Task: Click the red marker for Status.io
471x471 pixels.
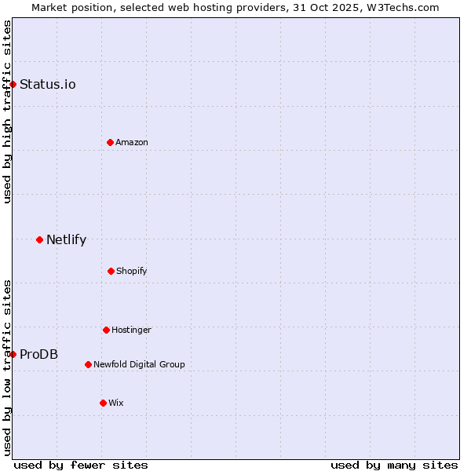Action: click(13, 84)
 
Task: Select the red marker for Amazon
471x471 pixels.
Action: click(110, 142)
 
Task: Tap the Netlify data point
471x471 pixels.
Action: click(39, 239)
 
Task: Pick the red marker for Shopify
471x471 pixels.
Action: click(111, 271)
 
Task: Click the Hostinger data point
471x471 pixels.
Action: click(106, 330)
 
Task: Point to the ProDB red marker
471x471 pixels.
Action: click(13, 354)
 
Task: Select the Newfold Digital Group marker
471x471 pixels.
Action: click(88, 364)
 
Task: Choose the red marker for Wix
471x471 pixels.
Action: click(103, 403)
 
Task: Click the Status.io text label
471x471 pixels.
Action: click(48, 85)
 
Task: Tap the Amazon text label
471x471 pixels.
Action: click(132, 142)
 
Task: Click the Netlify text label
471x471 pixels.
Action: click(66, 240)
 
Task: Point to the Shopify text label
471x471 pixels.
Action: click(132, 271)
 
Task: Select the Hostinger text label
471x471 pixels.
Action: click(131, 330)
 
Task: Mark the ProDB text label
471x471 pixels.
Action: click(38, 355)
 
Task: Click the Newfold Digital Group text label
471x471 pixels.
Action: click(139, 364)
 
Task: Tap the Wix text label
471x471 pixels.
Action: click(116, 403)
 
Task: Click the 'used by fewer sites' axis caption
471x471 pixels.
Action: click(81, 465)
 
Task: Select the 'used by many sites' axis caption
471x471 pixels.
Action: click(394, 465)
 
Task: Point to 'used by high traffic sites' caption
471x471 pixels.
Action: click(7, 111)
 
